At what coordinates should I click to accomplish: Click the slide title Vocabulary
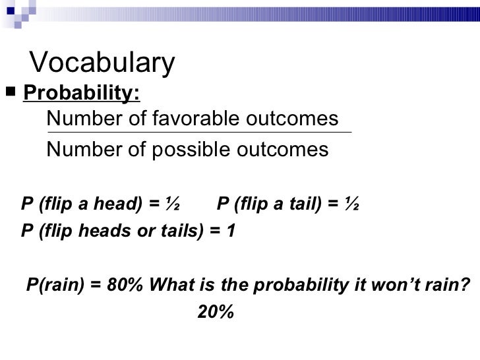tap(103, 63)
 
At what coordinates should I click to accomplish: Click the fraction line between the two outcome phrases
tap(198, 134)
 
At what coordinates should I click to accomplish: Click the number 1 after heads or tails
tap(230, 232)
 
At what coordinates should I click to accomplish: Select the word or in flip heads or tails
tap(144, 232)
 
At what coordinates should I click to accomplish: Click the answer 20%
tap(216, 313)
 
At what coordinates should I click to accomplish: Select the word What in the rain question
tap(171, 285)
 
